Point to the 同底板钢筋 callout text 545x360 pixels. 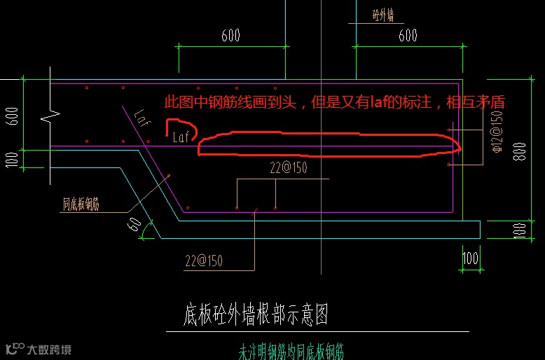click(81, 205)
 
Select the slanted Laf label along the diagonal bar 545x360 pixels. click(142, 114)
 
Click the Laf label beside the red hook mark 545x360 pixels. click(181, 138)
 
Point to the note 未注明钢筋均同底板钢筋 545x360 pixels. click(291, 350)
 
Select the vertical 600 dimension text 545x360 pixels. click(11, 115)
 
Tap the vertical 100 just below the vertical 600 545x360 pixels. click(11, 159)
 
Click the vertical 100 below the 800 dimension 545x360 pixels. click(519, 230)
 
